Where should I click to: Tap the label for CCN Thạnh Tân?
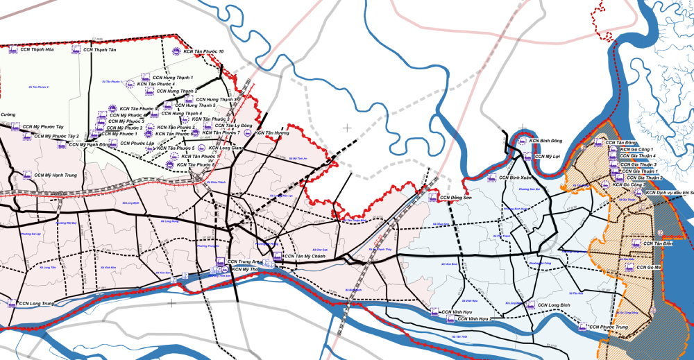click(x=99, y=49)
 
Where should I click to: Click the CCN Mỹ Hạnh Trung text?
click(x=56, y=175)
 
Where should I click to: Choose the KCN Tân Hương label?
click(x=271, y=132)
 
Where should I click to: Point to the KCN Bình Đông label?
click(x=546, y=141)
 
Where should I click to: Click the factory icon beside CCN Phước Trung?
click(x=582, y=326)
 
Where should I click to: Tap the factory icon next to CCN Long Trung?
click(x=12, y=303)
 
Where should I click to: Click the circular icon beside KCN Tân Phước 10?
click(x=176, y=51)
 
